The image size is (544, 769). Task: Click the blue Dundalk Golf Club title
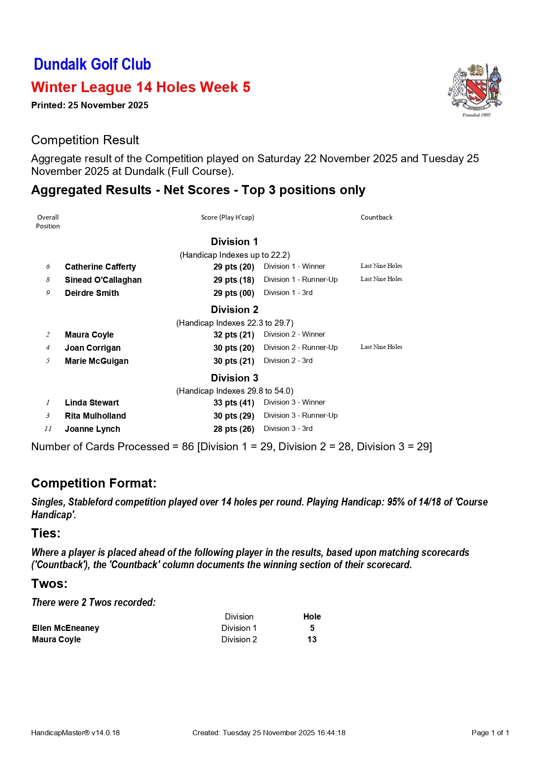click(x=92, y=64)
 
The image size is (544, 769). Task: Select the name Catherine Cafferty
click(x=100, y=267)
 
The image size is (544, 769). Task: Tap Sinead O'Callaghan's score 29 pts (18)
click(x=234, y=280)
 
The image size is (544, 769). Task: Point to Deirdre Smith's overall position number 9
click(x=48, y=293)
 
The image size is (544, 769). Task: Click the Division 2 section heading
click(x=235, y=310)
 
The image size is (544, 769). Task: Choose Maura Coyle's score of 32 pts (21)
click(x=234, y=335)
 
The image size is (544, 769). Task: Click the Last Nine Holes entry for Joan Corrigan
click(x=381, y=347)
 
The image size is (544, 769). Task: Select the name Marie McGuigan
click(x=96, y=361)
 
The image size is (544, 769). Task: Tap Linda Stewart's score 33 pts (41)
click(x=234, y=402)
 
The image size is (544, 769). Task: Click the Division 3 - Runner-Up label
click(x=301, y=415)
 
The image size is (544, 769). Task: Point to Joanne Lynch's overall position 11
click(x=48, y=429)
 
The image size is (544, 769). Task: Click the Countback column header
click(x=376, y=217)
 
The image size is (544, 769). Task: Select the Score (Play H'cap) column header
click(x=228, y=217)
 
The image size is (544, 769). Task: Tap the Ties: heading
click(x=46, y=533)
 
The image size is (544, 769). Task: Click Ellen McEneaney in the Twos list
click(x=66, y=628)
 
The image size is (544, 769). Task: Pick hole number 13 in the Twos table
click(x=312, y=639)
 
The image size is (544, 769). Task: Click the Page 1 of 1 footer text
click(x=490, y=733)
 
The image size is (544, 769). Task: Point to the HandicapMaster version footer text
click(x=75, y=733)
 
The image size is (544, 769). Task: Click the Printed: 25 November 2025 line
click(x=90, y=105)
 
